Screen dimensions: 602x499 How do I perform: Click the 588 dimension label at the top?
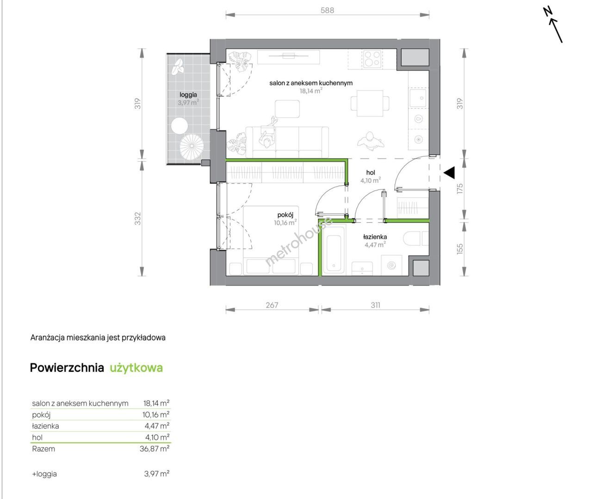tap(327, 10)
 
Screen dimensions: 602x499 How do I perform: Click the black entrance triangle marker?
tap(449, 173)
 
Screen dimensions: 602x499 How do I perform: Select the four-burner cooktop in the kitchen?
tap(372, 59)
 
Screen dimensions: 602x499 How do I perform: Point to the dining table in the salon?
tap(370, 103)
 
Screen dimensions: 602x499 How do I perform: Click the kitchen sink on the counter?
tap(418, 98)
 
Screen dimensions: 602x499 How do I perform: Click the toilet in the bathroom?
tap(416, 238)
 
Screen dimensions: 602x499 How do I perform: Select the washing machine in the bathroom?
tap(391, 265)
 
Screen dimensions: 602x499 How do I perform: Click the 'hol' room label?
tap(371, 172)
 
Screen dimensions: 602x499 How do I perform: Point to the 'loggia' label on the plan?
tap(188, 95)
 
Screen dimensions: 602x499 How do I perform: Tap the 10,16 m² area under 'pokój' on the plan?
tap(285, 223)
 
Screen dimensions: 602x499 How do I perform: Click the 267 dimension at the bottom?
tap(272, 305)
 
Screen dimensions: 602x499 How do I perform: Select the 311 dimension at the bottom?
tap(375, 305)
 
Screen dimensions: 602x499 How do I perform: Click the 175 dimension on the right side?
tap(460, 189)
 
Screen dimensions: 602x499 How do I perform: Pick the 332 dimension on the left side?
tap(138, 219)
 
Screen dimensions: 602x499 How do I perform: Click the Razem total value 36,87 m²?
tap(154, 449)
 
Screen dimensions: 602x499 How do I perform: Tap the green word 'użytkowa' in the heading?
tap(136, 368)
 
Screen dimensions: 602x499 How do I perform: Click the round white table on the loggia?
tap(180, 126)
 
